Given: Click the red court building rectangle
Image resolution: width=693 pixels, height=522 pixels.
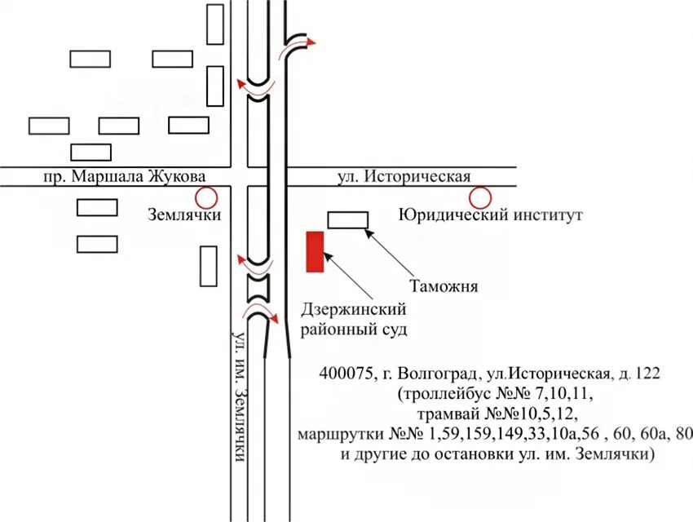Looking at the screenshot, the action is point(315,251).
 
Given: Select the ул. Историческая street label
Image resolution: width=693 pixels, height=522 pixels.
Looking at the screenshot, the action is point(404,177).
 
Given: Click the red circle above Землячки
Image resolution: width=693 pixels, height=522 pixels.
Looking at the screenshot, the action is point(205,197).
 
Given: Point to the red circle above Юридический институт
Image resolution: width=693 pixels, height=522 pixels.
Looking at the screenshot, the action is point(479,197).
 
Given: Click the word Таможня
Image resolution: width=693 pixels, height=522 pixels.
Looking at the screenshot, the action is point(443,286).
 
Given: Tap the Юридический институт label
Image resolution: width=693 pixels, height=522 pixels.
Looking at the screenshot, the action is point(491,215).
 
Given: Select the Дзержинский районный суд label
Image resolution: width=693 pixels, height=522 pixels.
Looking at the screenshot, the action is point(354,320).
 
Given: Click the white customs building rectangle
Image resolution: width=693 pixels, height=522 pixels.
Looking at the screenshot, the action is point(347,219).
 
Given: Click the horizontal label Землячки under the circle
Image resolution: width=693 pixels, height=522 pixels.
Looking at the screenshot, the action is point(185,215).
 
